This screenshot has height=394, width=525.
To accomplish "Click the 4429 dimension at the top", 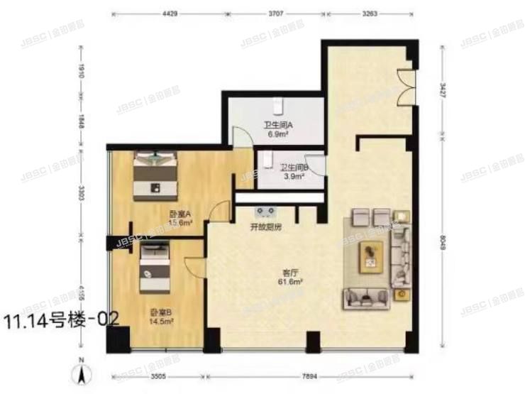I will click(169, 12).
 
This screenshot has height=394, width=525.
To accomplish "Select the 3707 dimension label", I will click(278, 12).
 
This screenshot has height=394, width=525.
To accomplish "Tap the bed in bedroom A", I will click(157, 171).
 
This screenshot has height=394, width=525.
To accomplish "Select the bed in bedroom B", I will click(154, 267).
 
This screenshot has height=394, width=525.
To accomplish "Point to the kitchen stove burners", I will click(267, 211).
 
